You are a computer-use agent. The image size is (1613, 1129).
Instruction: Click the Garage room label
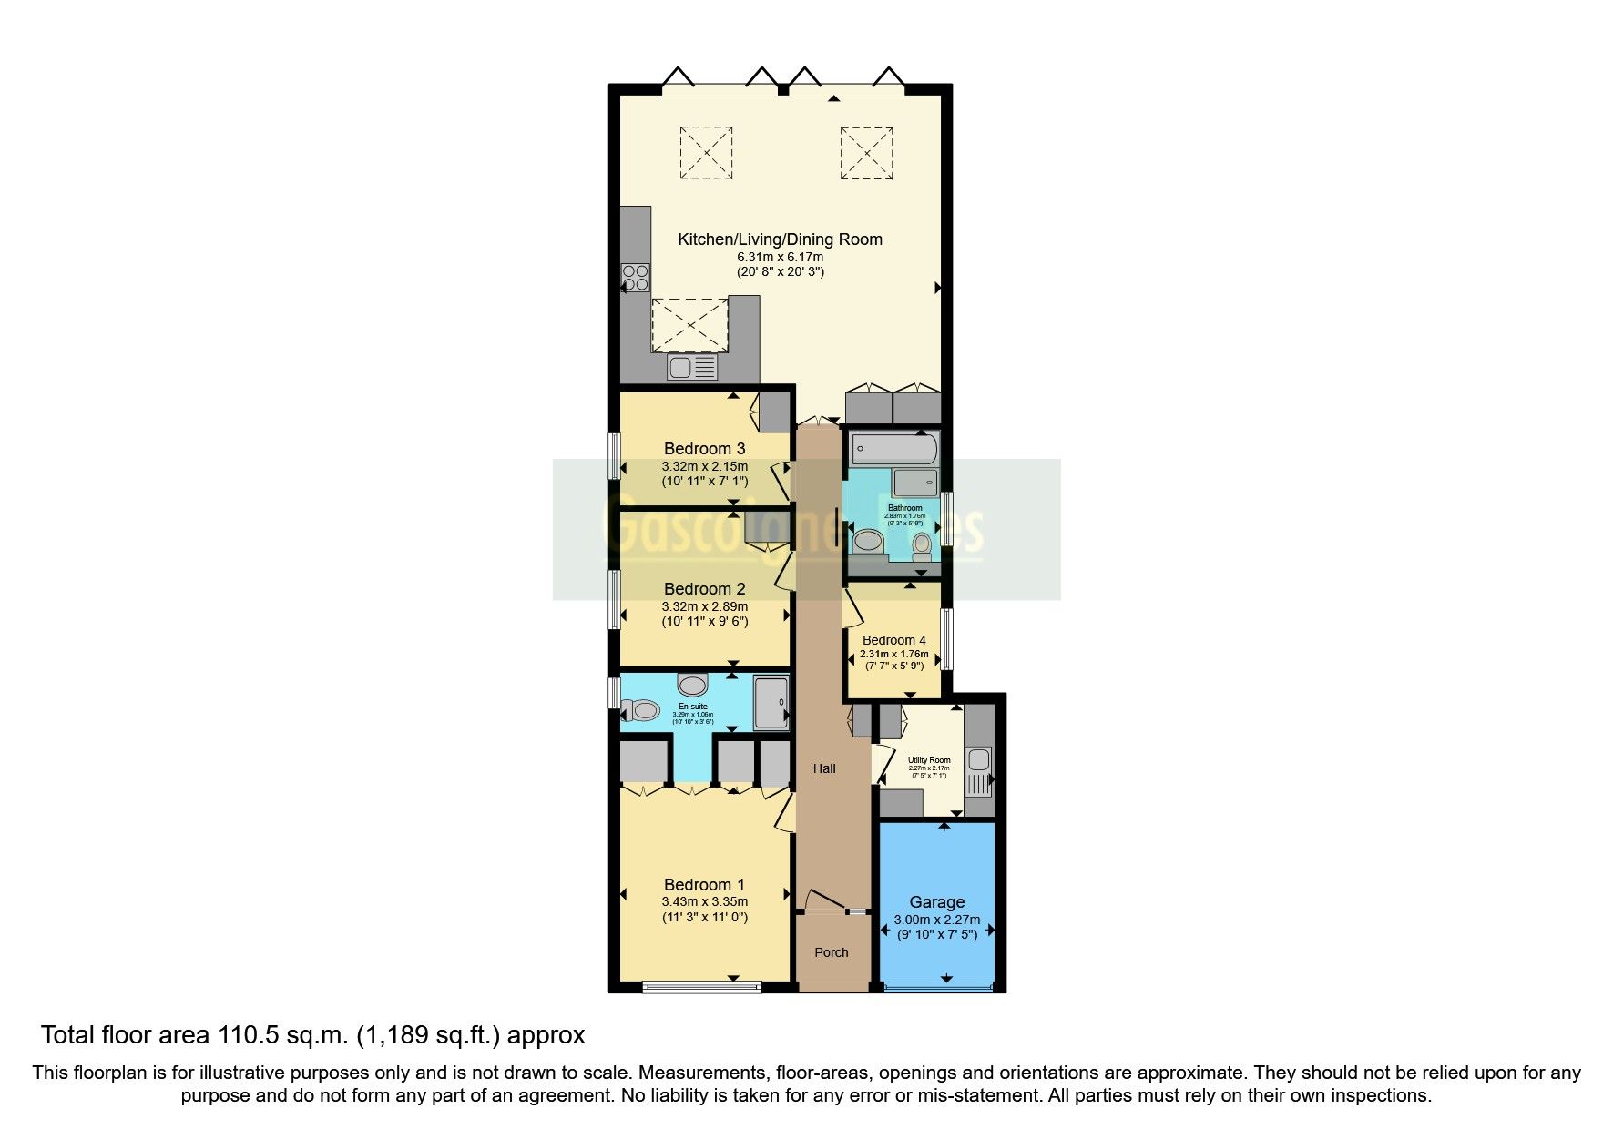coord(936,902)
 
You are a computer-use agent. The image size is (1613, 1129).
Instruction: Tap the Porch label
coord(831,952)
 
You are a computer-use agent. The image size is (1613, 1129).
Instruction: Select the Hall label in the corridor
coord(824,768)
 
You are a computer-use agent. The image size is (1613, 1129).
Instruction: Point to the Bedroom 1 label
coord(704,885)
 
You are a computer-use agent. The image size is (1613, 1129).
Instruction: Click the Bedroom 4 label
coord(893,640)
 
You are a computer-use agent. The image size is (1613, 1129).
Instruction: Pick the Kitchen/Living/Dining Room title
coord(780,239)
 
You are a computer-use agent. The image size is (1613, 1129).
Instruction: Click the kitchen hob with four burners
coord(636,277)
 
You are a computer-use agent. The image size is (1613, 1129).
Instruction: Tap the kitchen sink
coord(691,367)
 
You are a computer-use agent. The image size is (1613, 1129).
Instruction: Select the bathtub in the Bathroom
coord(892,448)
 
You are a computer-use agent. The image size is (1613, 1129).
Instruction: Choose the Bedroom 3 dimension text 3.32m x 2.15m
coord(704,467)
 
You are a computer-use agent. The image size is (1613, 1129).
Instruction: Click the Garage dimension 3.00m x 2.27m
coord(936,920)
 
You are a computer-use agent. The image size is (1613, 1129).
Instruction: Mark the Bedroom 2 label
coord(704,589)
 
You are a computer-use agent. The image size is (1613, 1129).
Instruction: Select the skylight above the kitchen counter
coord(690,323)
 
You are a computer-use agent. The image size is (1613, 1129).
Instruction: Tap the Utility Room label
coord(929,760)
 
